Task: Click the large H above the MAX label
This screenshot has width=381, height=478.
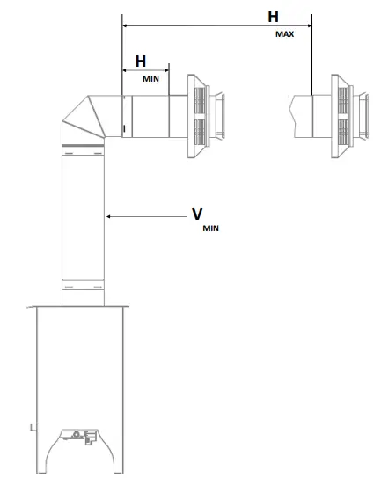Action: click(273, 17)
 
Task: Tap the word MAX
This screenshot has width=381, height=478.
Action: click(285, 34)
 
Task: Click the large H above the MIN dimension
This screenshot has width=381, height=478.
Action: click(141, 62)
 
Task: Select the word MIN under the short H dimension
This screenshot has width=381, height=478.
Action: click(150, 79)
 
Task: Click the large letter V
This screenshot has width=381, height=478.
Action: click(197, 214)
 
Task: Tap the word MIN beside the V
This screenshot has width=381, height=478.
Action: click(210, 228)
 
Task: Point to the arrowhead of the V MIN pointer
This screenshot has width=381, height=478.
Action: click(108, 216)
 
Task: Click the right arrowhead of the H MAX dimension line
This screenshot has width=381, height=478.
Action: click(310, 25)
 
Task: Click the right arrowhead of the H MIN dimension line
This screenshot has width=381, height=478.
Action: click(166, 70)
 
